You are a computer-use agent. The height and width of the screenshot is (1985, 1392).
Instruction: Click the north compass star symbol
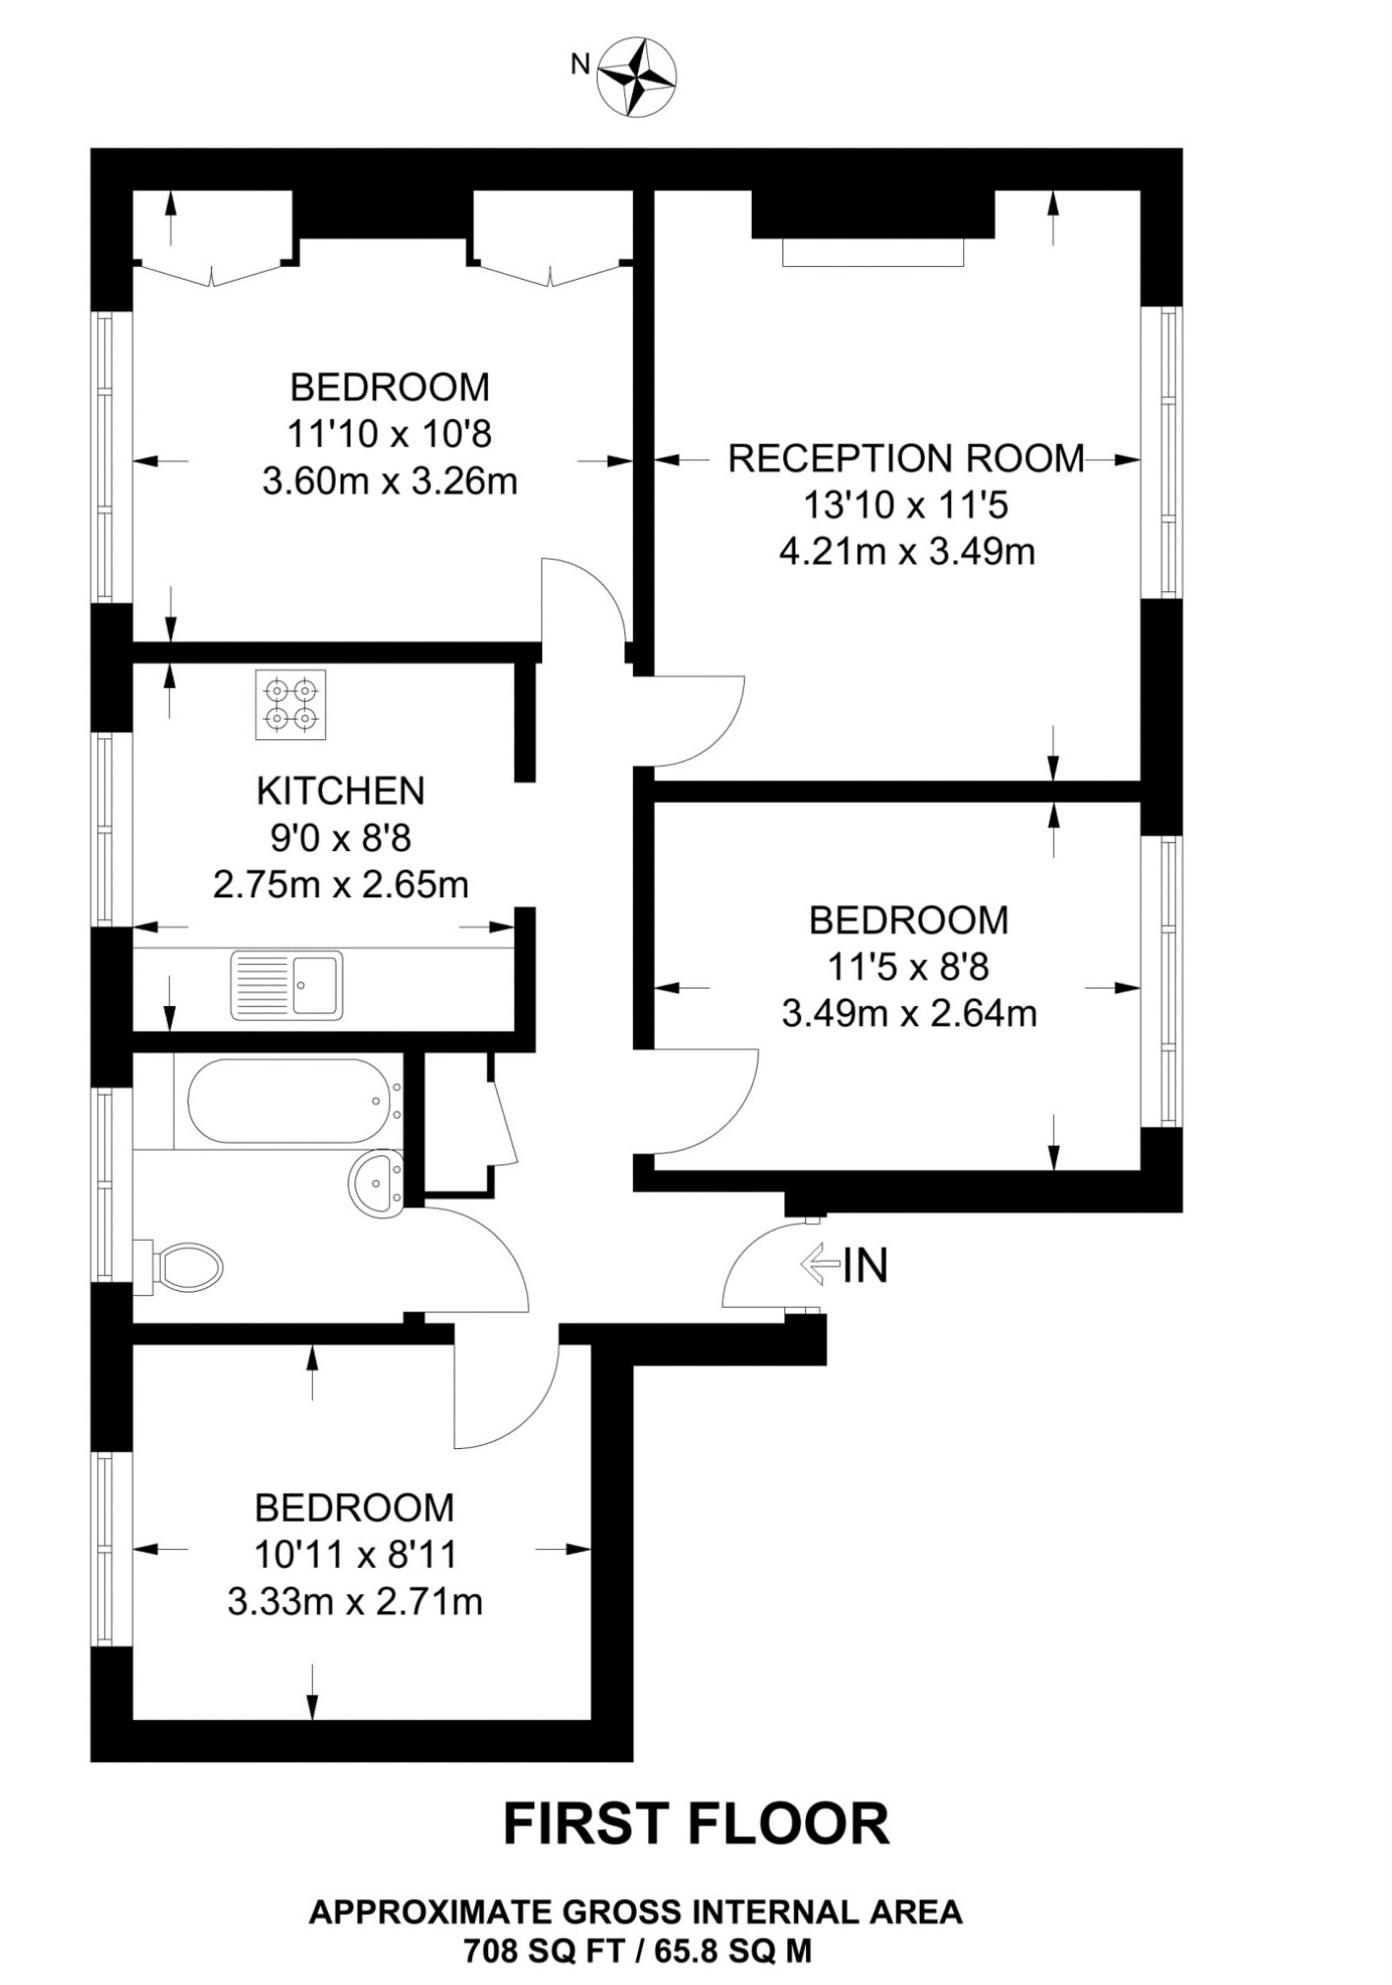(x=637, y=78)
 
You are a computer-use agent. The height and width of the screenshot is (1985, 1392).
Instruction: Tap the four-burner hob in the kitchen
(x=291, y=705)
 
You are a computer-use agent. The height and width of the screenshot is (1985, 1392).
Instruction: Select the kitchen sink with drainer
(x=287, y=986)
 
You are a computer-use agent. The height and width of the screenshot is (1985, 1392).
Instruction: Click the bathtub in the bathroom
(x=288, y=1100)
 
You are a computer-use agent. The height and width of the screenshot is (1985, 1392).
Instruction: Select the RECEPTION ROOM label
(x=906, y=458)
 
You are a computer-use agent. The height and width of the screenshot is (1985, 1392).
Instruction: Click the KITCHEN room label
(x=341, y=790)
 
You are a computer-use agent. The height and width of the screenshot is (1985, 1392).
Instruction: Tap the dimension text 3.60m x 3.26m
(x=390, y=482)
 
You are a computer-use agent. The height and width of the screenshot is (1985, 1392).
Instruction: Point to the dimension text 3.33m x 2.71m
(x=355, y=1602)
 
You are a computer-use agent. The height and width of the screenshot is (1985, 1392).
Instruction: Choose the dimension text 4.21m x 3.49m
(x=907, y=552)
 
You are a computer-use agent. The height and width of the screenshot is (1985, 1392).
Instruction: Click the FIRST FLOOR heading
(x=696, y=1824)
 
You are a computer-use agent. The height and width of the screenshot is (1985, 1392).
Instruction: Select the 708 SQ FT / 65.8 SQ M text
(x=638, y=1951)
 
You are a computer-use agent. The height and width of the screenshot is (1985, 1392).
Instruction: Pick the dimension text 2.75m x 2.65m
(x=341, y=885)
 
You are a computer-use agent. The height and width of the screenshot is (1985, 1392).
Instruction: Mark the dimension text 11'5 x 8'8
(x=908, y=967)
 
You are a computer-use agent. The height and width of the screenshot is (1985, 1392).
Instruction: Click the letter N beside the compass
(x=580, y=65)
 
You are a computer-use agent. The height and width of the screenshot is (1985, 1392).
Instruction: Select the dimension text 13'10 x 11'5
(x=906, y=506)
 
